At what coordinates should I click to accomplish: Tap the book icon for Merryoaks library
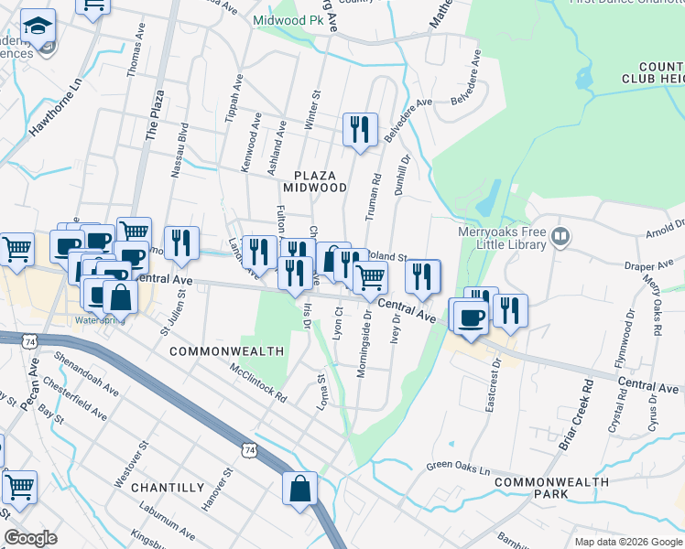561,237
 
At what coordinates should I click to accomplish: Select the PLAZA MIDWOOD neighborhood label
321,180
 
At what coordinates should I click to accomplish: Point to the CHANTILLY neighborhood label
167,488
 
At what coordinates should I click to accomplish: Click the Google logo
30,538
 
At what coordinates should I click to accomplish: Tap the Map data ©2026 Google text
627,542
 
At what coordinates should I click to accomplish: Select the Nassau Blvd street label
181,147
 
